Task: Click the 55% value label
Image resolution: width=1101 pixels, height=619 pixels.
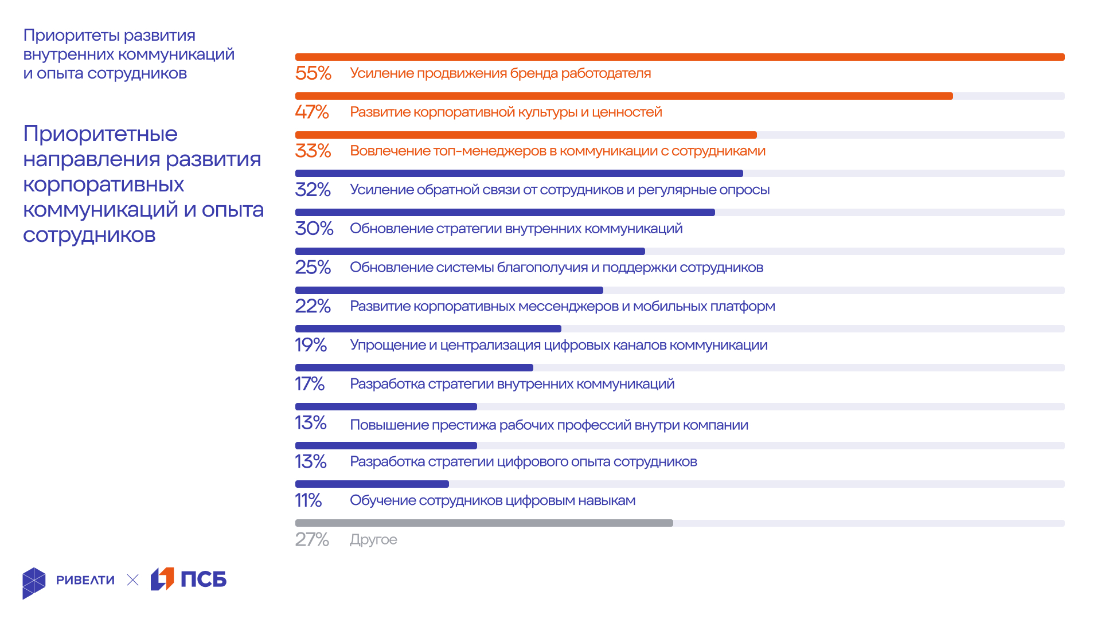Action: coord(313,73)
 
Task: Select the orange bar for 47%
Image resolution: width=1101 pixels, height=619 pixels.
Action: coord(623,96)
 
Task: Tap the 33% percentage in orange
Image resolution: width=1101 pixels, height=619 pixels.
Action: coord(313,151)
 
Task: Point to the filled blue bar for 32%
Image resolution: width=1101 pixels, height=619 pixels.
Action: coord(519,174)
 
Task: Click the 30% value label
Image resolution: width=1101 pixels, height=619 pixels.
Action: coord(314,229)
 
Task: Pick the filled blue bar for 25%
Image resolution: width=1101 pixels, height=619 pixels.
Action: coord(470,252)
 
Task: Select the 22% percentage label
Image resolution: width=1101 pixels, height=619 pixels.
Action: coord(313,306)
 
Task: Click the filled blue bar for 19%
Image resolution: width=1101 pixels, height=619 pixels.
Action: coord(428,329)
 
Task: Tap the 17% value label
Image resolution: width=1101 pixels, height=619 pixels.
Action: coord(310,384)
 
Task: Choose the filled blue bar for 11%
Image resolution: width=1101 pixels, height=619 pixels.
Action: coord(372,484)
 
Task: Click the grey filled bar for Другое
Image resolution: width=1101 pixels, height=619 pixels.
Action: coord(483,523)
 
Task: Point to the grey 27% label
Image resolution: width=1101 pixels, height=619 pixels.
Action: coord(312,540)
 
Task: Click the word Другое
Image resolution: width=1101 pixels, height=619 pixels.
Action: coord(373,540)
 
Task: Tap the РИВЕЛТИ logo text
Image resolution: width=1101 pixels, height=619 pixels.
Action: coord(85,580)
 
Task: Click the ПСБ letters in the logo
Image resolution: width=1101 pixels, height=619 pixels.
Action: coord(204,579)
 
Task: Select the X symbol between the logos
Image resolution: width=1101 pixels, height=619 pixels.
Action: coord(132,580)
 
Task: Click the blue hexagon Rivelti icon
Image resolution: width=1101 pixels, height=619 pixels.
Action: coord(34,583)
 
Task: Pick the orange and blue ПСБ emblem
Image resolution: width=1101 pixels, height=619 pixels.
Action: coord(162,579)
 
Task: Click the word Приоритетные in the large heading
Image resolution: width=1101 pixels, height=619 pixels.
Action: coord(100,134)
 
